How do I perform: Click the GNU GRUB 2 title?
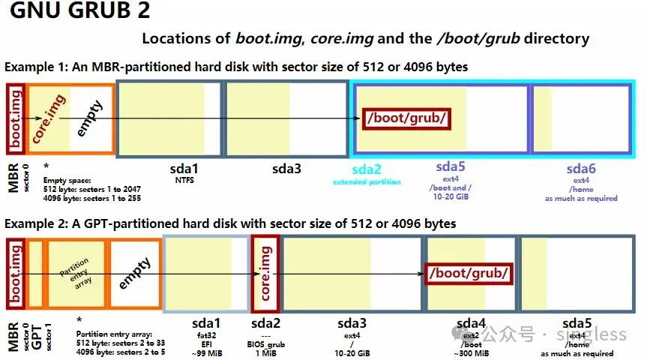[x=80, y=11]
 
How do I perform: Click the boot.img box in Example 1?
[x=16, y=117]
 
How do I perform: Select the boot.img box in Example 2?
[x=16, y=274]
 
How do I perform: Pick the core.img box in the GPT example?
[x=265, y=273]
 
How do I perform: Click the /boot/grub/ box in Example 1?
[x=406, y=118]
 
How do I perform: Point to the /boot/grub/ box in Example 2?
[x=469, y=274]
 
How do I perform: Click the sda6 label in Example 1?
[x=581, y=169]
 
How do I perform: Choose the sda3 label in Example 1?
[x=286, y=169]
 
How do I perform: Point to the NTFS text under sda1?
[x=185, y=180]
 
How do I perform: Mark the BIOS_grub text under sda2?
[x=266, y=343]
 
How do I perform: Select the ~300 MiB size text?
[x=472, y=353]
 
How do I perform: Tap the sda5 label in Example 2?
[x=577, y=323]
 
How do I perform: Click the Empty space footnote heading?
[x=67, y=180]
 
